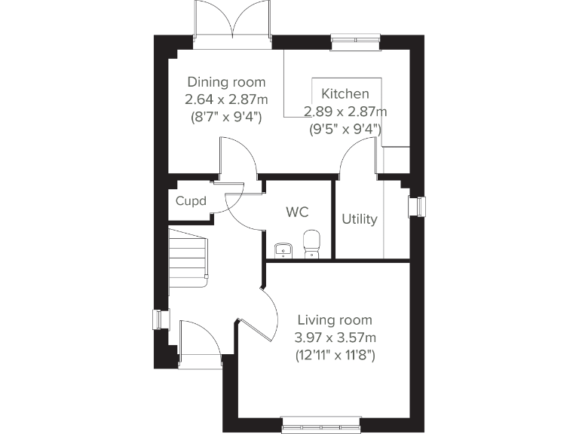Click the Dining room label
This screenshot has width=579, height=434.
tap(226, 82)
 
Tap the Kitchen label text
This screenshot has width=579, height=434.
tap(345, 94)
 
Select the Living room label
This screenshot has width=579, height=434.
tap(334, 319)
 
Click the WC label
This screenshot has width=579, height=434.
tap(297, 212)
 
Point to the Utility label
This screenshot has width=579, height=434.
tap(359, 219)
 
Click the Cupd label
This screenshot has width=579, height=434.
tap(191, 201)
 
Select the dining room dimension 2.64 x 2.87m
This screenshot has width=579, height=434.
tap(227, 99)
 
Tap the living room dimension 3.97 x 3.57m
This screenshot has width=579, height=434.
tap(336, 337)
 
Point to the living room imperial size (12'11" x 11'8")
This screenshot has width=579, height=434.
tap(336, 354)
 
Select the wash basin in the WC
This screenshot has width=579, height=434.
tap(283, 249)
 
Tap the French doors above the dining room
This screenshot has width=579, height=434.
tap(232, 23)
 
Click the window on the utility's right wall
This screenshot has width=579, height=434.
tap(416, 206)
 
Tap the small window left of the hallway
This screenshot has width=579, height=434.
tap(158, 319)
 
